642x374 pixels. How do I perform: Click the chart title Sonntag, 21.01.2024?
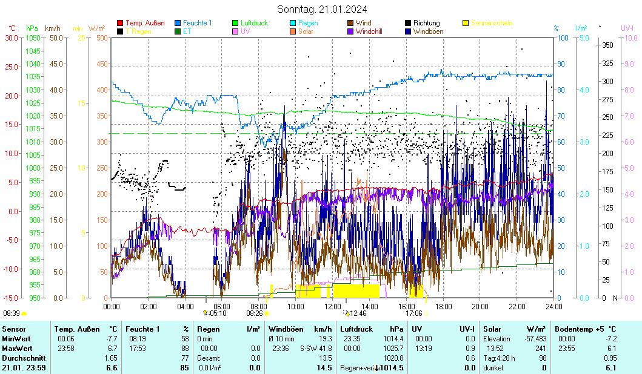(x=322, y=9)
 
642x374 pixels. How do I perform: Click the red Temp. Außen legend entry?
(x=144, y=23)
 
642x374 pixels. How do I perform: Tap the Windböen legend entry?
(x=428, y=31)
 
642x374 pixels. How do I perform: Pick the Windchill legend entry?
(x=369, y=31)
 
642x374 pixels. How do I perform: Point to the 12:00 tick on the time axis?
(x=332, y=306)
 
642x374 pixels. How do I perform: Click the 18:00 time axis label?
(x=443, y=306)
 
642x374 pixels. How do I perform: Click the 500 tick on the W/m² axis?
(x=101, y=38)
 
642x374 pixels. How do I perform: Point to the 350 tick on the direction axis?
(x=607, y=45)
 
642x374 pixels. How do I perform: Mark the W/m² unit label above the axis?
(x=97, y=28)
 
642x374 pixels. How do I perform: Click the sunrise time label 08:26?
(x=254, y=313)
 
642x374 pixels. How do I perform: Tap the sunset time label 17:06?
(x=413, y=313)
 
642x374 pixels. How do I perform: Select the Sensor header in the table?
(x=14, y=329)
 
